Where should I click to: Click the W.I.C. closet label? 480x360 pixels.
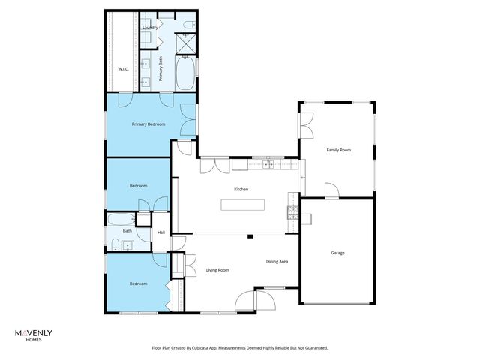pos(124,70)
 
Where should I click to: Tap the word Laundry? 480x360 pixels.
pos(149,28)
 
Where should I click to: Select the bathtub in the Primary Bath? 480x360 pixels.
pos(184,73)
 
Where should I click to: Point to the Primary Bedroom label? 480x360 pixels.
pos(148,124)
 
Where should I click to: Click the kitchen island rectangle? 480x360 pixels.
pos(242,205)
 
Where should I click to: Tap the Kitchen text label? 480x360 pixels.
pos(241,189)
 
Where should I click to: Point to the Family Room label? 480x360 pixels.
pos(338,150)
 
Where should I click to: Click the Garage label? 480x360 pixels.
pos(337,253)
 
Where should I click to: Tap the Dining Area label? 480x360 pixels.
pos(277,261)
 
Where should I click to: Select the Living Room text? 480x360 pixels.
pos(217,269)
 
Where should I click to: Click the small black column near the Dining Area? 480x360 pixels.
pos(251,237)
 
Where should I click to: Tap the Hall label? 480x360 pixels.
pos(160,232)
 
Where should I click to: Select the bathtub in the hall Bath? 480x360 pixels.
pos(120,220)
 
